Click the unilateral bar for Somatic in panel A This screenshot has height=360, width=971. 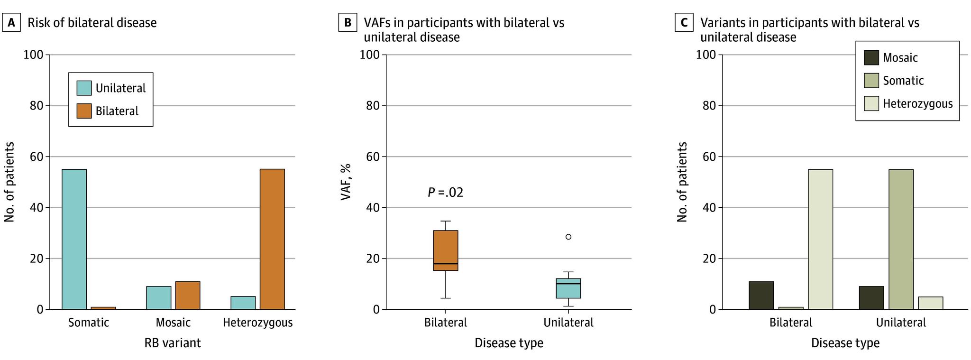[74, 239]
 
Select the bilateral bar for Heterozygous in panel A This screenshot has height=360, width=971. [272, 239]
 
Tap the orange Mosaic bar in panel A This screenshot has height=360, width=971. [188, 295]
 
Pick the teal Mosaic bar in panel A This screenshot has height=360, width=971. [158, 298]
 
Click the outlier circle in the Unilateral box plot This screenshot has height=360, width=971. [568, 237]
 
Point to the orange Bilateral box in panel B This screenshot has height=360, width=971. [446, 250]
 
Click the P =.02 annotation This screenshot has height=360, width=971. [445, 193]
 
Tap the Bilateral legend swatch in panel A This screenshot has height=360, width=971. [84, 111]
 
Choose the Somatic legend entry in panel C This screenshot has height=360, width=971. [903, 81]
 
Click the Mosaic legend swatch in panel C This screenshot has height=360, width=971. [871, 58]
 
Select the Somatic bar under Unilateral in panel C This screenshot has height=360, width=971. [901, 239]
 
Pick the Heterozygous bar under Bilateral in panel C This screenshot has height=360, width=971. [820, 239]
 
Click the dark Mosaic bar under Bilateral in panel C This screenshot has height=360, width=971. [761, 295]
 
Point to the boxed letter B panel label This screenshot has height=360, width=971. [348, 23]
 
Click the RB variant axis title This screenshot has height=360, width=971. [173, 343]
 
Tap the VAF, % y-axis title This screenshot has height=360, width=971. [346, 182]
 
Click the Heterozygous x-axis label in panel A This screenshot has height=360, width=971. [257, 323]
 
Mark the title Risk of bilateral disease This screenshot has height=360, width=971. [92, 23]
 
